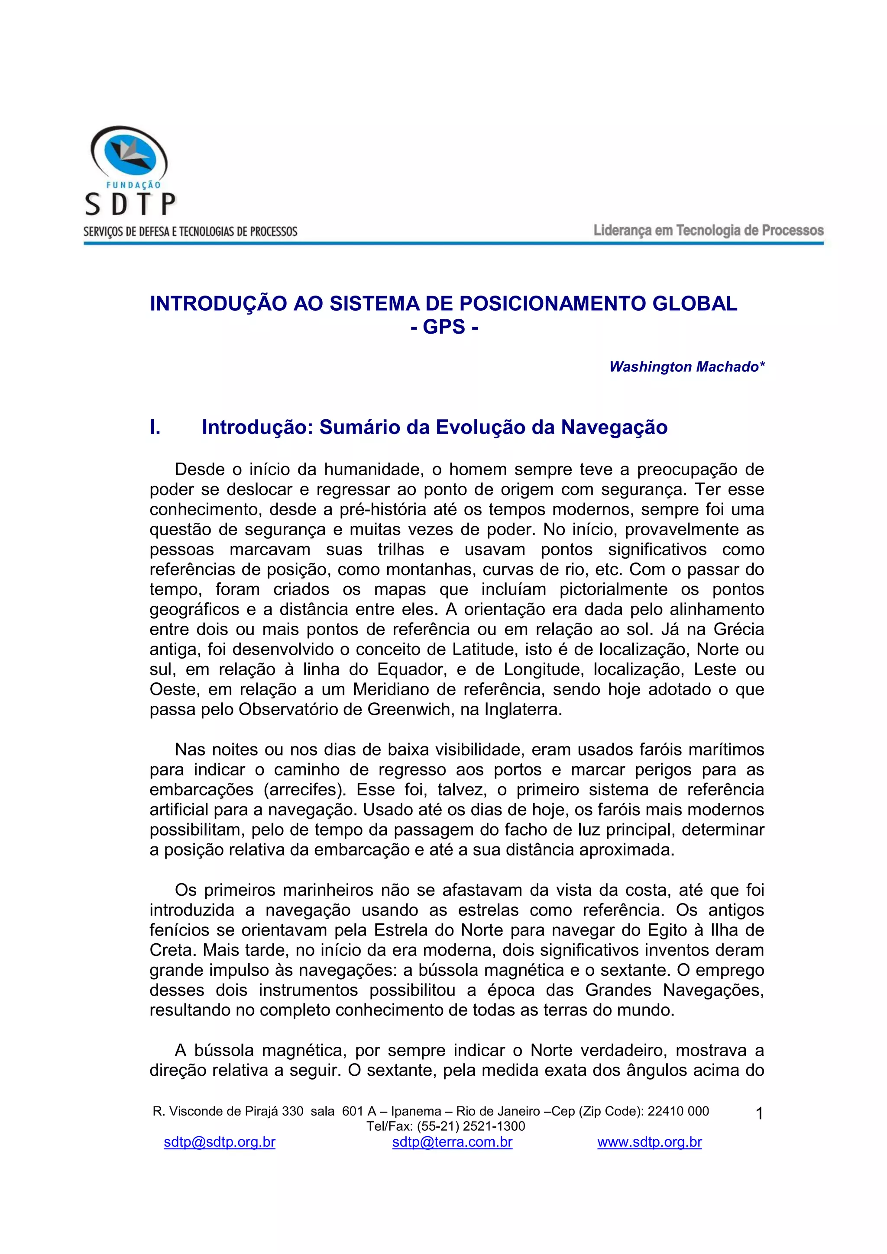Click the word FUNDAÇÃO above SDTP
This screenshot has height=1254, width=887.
(133, 185)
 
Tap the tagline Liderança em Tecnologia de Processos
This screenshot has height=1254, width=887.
(708, 231)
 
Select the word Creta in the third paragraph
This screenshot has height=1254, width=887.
(172, 950)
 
